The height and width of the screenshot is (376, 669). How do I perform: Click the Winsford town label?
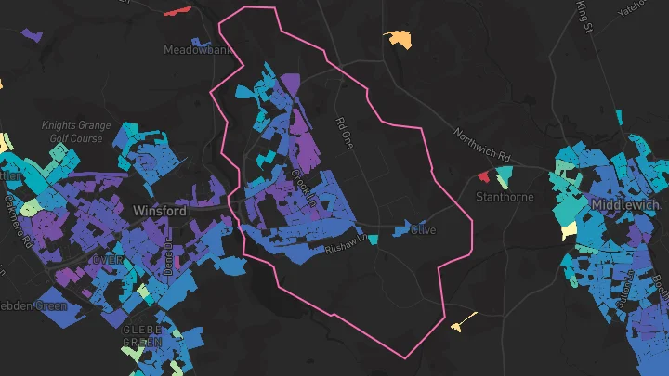point(160,211)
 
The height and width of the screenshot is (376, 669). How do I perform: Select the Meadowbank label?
point(198,49)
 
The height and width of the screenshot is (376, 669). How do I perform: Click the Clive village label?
point(423,229)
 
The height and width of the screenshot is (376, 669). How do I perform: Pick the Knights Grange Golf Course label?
point(72,132)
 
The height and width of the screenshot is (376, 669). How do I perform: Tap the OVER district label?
point(108,261)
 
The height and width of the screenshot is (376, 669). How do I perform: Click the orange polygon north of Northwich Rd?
point(399,38)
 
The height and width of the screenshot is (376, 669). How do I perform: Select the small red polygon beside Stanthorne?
point(482,176)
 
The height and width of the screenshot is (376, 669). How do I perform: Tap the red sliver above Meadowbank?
point(177,11)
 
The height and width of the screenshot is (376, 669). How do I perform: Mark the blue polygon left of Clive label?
point(401,228)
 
